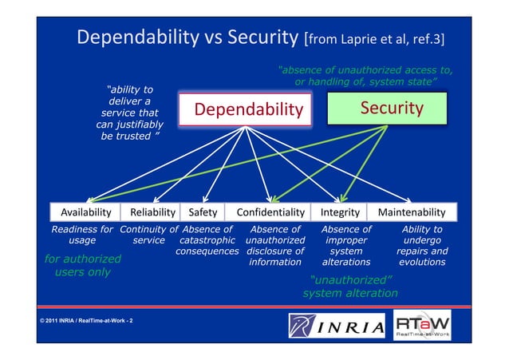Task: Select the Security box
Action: point(391,107)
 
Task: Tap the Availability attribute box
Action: point(81,212)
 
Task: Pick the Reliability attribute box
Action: point(152,212)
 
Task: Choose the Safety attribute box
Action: point(203,212)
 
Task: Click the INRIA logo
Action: point(337,326)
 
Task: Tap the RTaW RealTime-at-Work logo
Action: point(422,326)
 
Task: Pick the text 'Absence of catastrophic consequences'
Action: point(207,240)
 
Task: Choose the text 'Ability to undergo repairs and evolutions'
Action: point(422,246)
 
